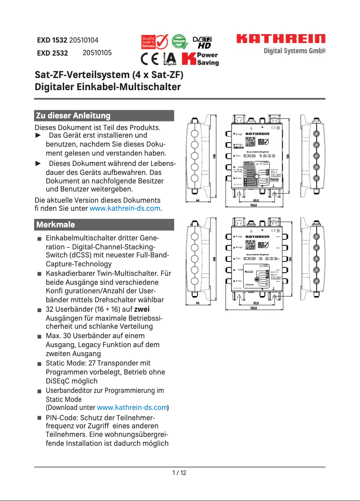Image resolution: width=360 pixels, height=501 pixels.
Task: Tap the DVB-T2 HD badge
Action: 202,43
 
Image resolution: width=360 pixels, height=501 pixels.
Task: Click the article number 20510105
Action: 97,53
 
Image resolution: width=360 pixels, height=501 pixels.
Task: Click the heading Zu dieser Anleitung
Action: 73,116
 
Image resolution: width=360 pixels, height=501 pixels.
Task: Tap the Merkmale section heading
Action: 56,224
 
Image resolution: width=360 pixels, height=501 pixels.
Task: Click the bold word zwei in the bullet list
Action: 142,309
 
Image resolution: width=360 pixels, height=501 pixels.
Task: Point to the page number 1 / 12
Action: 180,473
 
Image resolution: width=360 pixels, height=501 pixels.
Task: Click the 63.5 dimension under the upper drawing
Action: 256,200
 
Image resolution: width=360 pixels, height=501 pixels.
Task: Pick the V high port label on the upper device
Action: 239,134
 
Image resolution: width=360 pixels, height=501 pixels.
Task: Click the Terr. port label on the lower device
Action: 238,258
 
